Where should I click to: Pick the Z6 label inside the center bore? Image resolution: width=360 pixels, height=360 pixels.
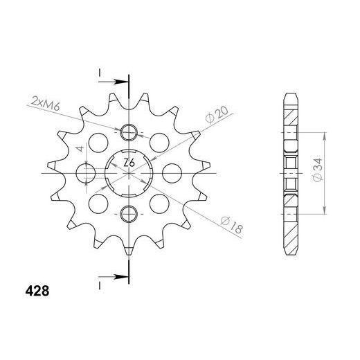(129, 163)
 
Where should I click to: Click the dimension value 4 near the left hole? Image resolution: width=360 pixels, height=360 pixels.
(80, 148)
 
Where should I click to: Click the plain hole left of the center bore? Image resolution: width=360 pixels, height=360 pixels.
(89, 172)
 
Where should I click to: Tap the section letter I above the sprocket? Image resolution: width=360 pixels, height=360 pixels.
(100, 72)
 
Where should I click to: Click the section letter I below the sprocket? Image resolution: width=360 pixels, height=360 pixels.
(100, 285)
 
